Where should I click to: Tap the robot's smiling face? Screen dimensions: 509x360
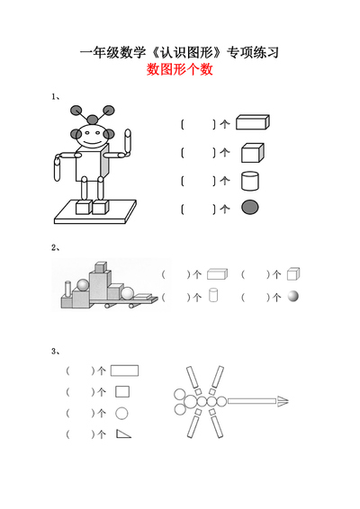(x=90, y=138)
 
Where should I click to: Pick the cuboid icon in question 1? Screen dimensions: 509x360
(x=252, y=123)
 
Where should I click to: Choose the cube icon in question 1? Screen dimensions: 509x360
(x=252, y=152)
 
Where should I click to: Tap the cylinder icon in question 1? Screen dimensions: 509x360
(x=250, y=181)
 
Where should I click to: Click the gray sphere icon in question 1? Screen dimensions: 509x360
(x=250, y=209)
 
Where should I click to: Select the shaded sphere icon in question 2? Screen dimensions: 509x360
(x=292, y=296)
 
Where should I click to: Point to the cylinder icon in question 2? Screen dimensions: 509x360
(x=213, y=296)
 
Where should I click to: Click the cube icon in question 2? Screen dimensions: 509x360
(x=292, y=273)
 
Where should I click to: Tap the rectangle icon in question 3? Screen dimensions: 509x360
(x=124, y=369)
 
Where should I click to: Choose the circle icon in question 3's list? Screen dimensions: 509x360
(x=122, y=414)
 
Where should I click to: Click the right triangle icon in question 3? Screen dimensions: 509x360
(x=123, y=434)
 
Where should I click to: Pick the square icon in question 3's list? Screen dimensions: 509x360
(x=122, y=391)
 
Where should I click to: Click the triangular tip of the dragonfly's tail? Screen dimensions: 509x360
(x=283, y=401)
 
